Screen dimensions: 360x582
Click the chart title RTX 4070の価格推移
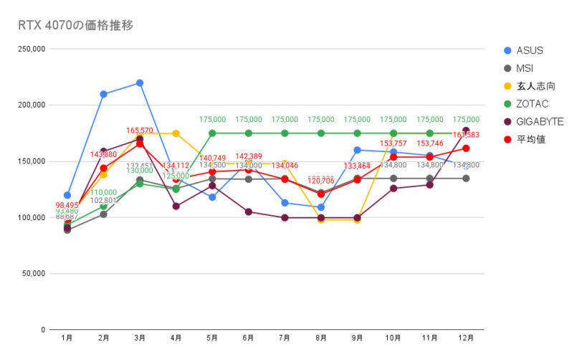point(75,25)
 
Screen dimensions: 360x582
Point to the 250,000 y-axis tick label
point(32,49)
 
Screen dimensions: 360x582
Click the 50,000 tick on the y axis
point(34,273)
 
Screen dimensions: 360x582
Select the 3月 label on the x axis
point(140,337)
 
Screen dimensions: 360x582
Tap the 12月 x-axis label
point(465,337)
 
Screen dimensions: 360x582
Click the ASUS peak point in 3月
point(140,83)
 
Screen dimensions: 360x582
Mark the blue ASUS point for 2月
point(103,94)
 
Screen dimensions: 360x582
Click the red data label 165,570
point(140,131)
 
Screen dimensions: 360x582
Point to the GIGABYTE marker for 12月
point(466,131)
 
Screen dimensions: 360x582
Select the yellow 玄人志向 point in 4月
point(176,133)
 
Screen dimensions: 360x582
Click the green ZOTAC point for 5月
point(212,133)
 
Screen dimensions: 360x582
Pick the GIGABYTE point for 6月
point(249,212)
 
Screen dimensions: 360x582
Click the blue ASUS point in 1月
point(67,195)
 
